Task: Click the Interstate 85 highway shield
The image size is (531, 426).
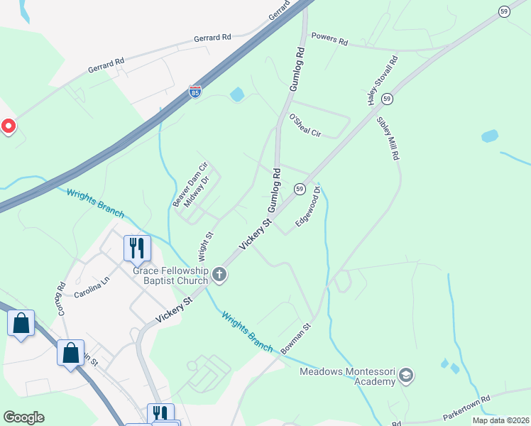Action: click(x=195, y=92)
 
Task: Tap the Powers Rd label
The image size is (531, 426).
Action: click(x=329, y=39)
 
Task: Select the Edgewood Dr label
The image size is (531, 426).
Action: click(x=309, y=206)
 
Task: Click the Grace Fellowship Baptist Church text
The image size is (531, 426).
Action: click(x=170, y=275)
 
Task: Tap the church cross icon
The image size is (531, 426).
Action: click(x=220, y=275)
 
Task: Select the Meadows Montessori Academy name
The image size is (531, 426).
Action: click(x=346, y=376)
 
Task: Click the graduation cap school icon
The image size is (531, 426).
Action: click(x=405, y=375)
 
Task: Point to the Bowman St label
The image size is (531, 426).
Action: click(x=297, y=339)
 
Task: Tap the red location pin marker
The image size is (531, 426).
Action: click(x=8, y=126)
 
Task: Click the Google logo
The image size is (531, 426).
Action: click(x=23, y=417)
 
